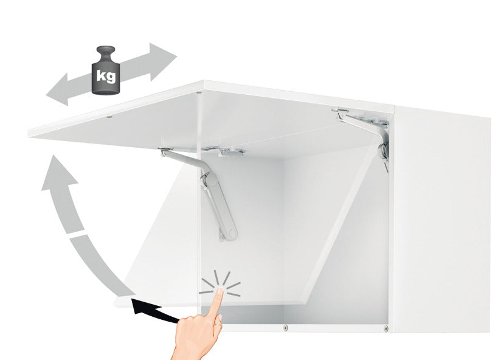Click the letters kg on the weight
106,76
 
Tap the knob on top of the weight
106,52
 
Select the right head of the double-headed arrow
162,60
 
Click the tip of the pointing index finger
221,290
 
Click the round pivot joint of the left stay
209,180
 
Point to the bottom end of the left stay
230,235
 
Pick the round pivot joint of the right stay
384,150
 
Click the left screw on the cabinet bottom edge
285,328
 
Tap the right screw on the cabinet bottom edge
385,328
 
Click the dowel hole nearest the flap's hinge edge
199,93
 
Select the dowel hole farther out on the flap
109,117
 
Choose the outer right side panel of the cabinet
442,219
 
